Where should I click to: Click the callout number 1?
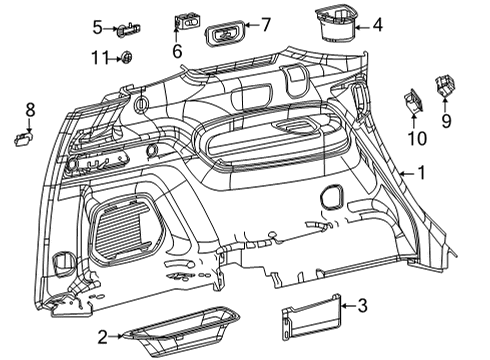click(421, 173)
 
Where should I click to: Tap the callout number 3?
click(363, 306)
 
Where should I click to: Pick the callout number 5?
click(98, 26)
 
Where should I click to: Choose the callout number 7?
click(266, 23)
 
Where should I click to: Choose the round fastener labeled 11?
click(128, 59)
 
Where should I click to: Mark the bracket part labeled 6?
click(186, 20)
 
